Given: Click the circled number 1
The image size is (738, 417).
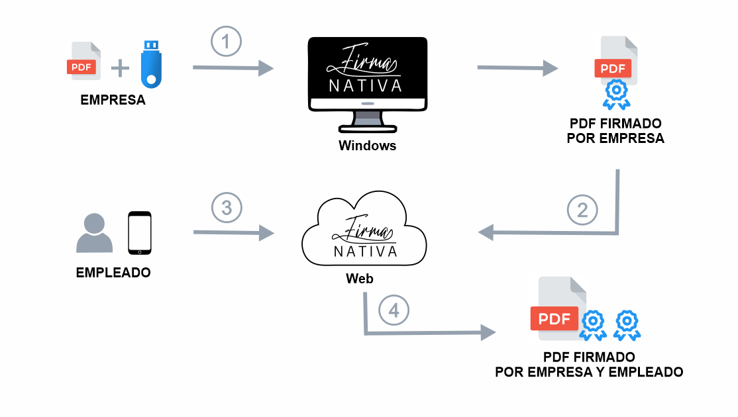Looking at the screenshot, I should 226,42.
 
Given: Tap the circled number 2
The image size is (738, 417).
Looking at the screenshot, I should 582,210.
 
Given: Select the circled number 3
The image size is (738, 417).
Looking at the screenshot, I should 227,208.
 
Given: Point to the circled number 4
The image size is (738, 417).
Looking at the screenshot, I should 394,310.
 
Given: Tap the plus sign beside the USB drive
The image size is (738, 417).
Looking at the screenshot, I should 120,68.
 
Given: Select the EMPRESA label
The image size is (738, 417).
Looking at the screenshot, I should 113,101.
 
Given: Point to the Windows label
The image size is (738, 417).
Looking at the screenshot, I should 367,146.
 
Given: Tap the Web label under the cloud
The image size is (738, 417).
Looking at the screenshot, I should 359,279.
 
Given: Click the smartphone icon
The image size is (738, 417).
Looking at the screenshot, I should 140,233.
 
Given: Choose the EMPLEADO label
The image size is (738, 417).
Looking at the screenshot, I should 113,272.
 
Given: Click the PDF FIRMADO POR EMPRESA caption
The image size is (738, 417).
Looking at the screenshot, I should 615,131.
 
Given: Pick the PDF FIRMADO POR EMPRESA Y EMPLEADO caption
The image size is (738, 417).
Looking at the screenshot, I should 589,365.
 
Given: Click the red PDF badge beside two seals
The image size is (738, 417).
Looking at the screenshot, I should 554,318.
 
